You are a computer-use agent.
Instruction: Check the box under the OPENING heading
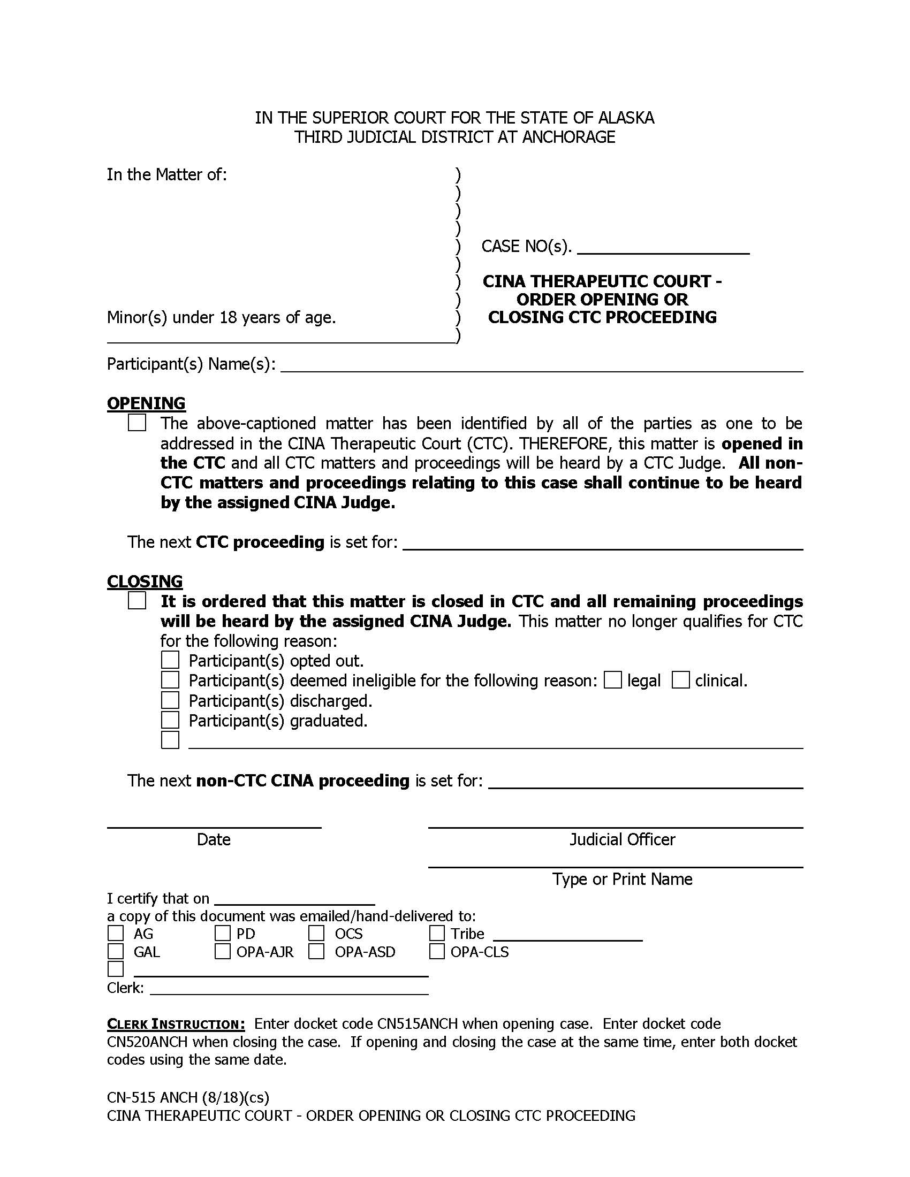(137, 423)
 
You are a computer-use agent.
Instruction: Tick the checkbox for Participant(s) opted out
(170, 660)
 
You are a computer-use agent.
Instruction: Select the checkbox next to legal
(613, 680)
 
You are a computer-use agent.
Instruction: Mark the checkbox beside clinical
(681, 680)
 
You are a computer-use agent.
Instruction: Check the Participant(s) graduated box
(170, 720)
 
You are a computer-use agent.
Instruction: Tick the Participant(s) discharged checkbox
(170, 700)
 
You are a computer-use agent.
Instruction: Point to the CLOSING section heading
(145, 582)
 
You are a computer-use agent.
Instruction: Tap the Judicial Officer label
(622, 839)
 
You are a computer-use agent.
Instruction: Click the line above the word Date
(214, 827)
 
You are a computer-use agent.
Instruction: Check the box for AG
(116, 933)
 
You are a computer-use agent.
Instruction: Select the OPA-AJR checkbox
(223, 952)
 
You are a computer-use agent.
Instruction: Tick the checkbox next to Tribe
(437, 933)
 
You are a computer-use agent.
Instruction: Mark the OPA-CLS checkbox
(437, 952)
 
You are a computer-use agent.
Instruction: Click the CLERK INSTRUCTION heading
(176, 1024)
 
